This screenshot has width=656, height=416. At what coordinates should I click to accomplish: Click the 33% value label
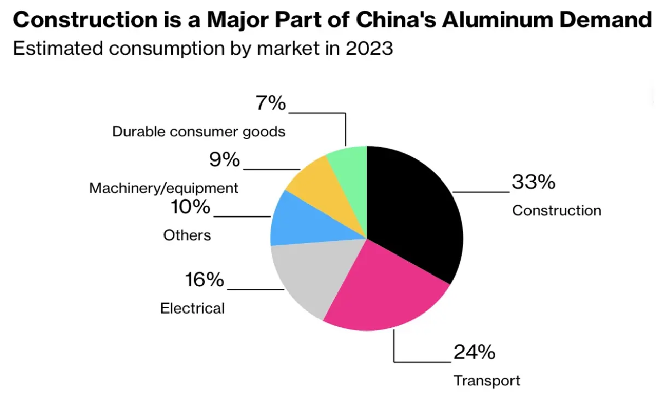coord(533,182)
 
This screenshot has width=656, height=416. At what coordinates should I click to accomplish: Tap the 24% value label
coord(474,352)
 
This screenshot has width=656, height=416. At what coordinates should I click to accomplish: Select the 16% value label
coord(204,280)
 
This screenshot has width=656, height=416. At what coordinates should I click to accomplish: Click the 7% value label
coord(271,103)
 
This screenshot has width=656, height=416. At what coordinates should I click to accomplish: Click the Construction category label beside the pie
coord(556,211)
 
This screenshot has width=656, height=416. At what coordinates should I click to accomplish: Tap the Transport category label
coord(487,380)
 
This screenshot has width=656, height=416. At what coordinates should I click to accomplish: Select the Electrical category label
coord(192,309)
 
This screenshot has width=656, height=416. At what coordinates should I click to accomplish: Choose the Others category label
coord(187,235)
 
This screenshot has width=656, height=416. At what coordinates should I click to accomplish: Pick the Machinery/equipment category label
coord(163,188)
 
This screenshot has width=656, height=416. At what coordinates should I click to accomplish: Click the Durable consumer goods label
coord(198,132)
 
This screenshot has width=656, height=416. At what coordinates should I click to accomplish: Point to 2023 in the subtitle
coord(369,48)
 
